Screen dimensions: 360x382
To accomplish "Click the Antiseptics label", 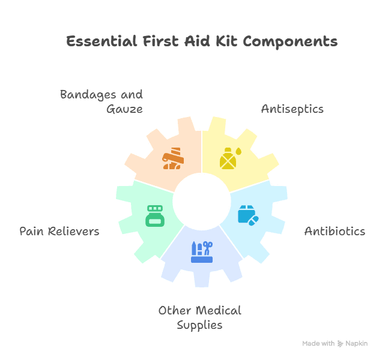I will [292, 109].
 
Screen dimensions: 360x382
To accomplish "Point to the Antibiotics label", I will [335, 231].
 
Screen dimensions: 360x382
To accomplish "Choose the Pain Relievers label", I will [59, 231].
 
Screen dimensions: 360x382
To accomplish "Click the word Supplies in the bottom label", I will [199, 325].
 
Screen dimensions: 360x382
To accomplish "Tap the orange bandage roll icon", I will [173, 158].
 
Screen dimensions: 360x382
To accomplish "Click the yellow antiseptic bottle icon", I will [230, 158].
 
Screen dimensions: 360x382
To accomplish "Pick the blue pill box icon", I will [247, 215].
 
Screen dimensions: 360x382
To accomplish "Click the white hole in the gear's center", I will [201, 201].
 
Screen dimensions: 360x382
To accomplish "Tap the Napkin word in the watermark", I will [356, 343].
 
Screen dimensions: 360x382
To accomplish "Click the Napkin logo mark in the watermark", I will [341, 343].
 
